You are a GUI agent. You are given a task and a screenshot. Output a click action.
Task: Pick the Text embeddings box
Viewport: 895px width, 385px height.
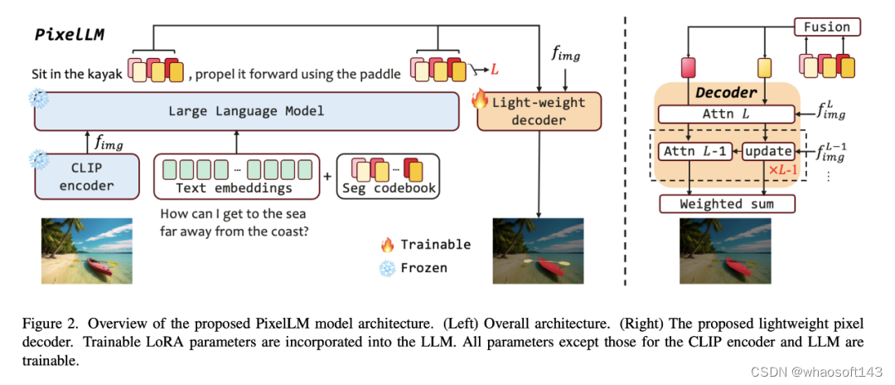click(x=236, y=176)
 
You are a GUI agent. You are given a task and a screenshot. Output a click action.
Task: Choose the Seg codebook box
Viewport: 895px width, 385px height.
click(x=389, y=176)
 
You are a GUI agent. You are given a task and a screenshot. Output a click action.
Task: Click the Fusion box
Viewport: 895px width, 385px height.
click(x=826, y=27)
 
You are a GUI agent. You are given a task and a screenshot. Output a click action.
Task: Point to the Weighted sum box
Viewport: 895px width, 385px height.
click(x=726, y=203)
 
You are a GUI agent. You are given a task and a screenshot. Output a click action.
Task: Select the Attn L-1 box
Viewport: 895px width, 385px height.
click(x=693, y=152)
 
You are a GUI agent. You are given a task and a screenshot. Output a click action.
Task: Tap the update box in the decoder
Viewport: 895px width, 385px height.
click(x=767, y=152)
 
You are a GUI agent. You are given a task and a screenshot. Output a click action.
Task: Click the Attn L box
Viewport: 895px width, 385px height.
click(x=726, y=113)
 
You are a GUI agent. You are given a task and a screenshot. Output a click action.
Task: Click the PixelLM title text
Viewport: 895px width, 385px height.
click(x=69, y=35)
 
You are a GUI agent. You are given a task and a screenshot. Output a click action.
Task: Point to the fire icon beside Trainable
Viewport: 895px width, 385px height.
click(x=387, y=244)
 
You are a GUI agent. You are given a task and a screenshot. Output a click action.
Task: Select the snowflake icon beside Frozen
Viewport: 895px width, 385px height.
click(x=387, y=267)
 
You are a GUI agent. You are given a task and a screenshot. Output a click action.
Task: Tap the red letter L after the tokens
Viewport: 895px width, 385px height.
click(x=495, y=71)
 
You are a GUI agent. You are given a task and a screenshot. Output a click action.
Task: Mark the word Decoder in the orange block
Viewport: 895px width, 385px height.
click(x=726, y=92)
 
